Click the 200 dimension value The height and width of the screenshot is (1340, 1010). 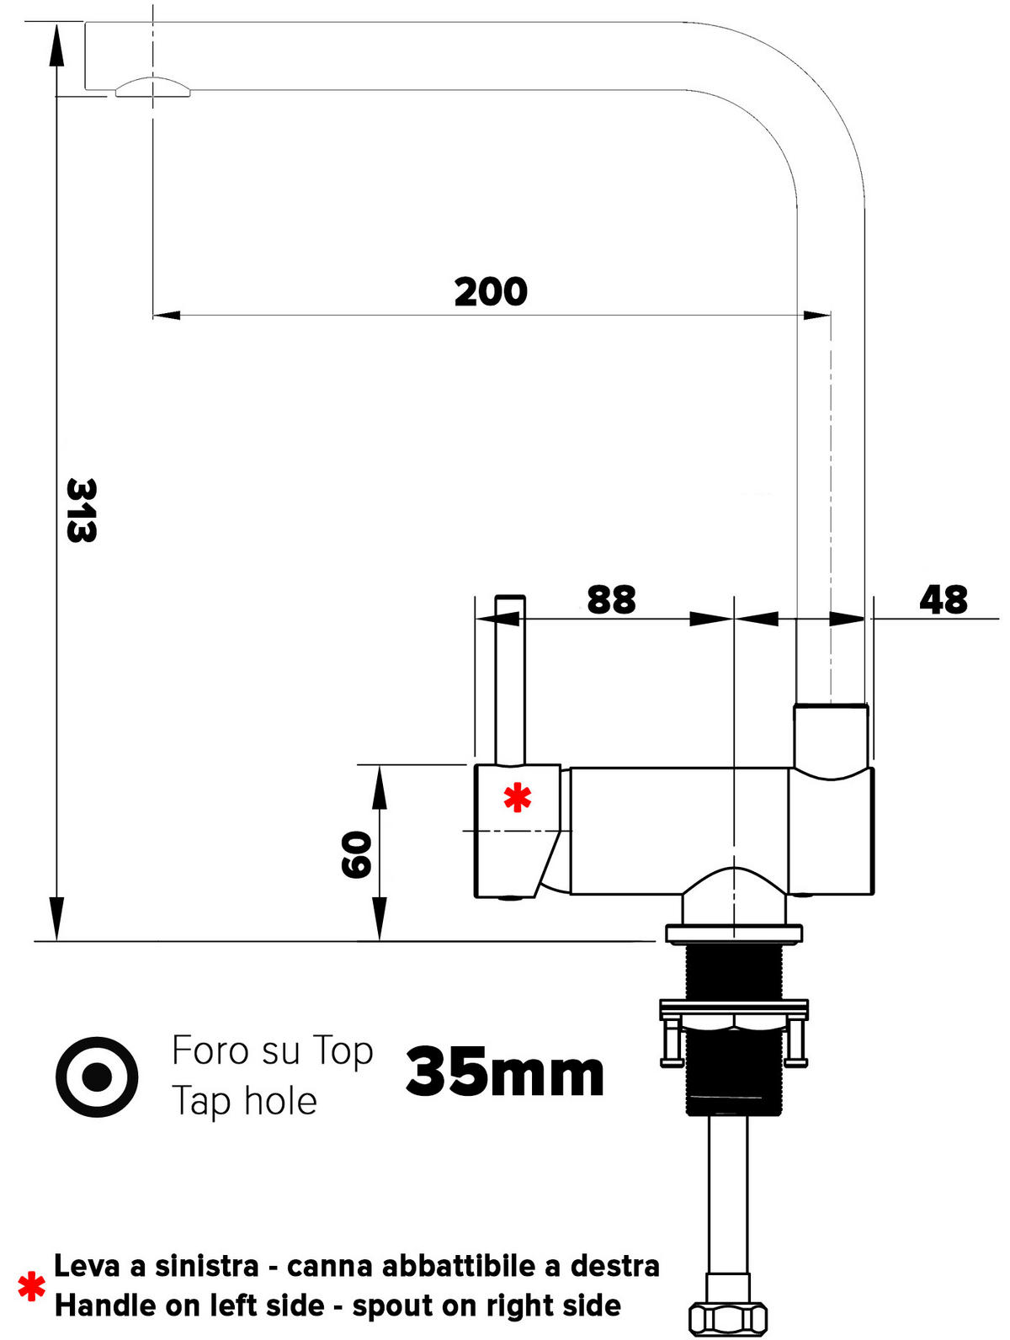491,292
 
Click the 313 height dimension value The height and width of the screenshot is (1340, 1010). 82,510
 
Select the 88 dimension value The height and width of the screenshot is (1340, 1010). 611,599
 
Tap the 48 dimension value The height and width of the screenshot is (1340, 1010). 943,599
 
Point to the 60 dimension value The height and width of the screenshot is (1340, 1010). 356,854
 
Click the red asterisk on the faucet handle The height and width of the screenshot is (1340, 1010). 517,797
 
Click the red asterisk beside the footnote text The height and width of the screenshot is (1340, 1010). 32,1286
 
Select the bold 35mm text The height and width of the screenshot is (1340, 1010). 505,1072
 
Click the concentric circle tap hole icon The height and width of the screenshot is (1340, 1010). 97,1077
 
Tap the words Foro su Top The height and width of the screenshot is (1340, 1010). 272,1050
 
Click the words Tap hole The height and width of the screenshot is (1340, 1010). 244,1101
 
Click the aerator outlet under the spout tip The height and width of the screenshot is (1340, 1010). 152,87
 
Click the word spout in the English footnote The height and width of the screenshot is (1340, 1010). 391,1305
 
